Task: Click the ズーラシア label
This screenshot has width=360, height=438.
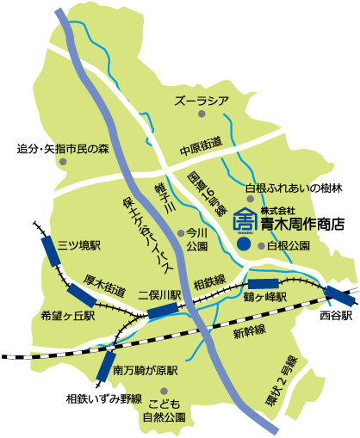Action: point(202,102)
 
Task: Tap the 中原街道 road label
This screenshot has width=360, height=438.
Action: point(201,146)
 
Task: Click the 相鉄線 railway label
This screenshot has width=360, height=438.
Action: point(209,281)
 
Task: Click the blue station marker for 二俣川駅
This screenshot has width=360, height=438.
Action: point(162,312)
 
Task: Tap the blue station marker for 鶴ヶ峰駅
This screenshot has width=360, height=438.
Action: point(264,283)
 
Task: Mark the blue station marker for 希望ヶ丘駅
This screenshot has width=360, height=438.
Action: point(81,299)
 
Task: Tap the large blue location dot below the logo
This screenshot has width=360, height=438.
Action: point(245,244)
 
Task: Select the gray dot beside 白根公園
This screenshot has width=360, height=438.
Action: point(261,245)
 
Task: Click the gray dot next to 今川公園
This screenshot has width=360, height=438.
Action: point(180,232)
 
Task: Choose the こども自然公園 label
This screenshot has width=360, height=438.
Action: point(164,410)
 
